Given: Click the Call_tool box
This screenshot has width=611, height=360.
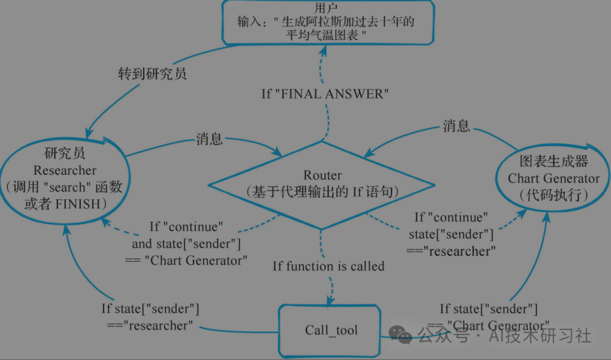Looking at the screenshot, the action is pyautogui.click(x=330, y=331).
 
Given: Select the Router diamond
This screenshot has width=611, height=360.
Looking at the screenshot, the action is pyautogui.click(x=322, y=185).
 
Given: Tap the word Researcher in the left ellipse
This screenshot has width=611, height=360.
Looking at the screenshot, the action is pyautogui.click(x=64, y=170).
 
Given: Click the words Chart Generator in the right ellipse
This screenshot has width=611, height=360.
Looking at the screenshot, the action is pyautogui.click(x=553, y=179).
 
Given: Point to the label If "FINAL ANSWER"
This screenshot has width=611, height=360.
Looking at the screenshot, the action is pyautogui.click(x=325, y=94).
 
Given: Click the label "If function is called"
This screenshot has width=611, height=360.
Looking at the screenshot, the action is pyautogui.click(x=329, y=267).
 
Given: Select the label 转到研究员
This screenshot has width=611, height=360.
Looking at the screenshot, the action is pyautogui.click(x=152, y=74).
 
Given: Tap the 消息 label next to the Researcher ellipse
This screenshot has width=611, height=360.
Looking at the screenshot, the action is pyautogui.click(x=209, y=139).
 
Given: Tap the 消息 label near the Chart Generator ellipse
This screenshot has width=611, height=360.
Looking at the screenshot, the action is pyautogui.click(x=457, y=126).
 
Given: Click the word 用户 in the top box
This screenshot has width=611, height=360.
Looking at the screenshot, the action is pyautogui.click(x=326, y=8).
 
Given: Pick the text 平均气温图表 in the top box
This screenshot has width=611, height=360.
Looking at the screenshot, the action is pyautogui.click(x=322, y=35).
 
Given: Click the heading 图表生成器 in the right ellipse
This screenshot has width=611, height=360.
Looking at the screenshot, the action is pyautogui.click(x=554, y=161).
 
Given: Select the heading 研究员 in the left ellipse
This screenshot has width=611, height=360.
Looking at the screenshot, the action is pyautogui.click(x=64, y=153).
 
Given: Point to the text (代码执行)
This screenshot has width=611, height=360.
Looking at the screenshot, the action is pyautogui.click(x=554, y=195).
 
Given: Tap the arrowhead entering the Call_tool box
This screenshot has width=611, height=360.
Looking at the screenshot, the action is pyautogui.click(x=330, y=301).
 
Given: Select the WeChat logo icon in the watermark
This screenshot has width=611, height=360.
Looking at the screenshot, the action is pyautogui.click(x=401, y=335).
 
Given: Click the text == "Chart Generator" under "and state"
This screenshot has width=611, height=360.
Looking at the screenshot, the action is pyautogui.click(x=186, y=260).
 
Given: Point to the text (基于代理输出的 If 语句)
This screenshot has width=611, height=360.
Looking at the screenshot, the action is pyautogui.click(x=322, y=192).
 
